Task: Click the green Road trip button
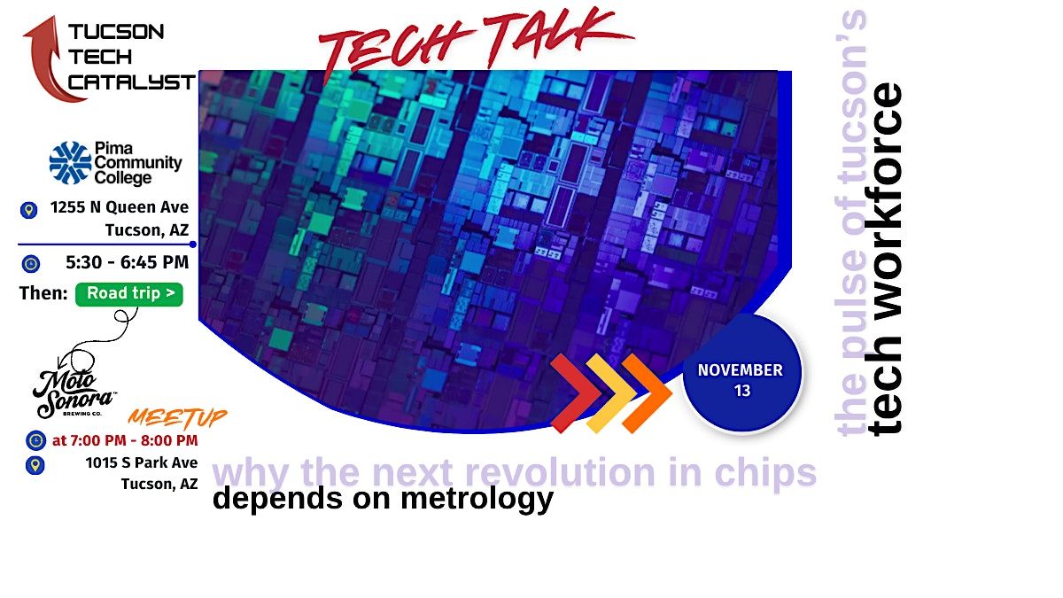tap(129, 294)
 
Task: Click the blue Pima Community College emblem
tap(70, 163)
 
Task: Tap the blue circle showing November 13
tap(742, 373)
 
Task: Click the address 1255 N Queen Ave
tap(120, 207)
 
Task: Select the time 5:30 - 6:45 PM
tap(128, 262)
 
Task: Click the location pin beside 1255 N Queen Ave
tap(28, 210)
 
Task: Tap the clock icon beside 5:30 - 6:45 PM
tap(31, 264)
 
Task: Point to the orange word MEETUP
tap(177, 417)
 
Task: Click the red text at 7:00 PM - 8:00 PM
tap(125, 440)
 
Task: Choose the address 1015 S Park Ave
tap(142, 462)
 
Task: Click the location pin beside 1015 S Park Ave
tap(35, 465)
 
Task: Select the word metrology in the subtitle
tap(477, 500)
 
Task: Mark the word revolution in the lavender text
tap(560, 472)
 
